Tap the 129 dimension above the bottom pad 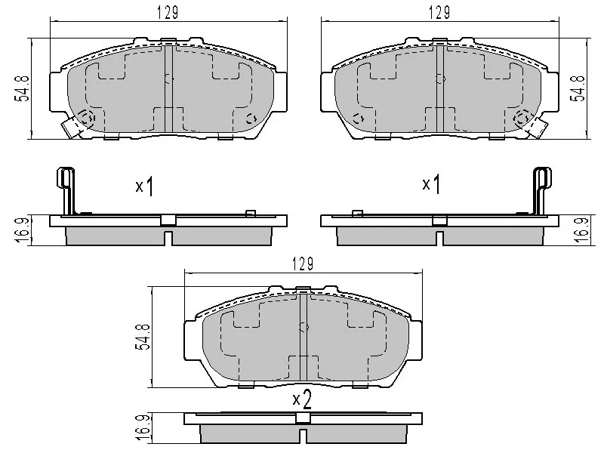[302, 263]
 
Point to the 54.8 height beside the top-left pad [24, 88]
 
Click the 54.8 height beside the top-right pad [581, 88]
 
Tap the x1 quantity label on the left [144, 186]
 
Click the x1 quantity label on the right [430, 184]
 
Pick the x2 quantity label [302, 399]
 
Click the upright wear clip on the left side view [66, 189]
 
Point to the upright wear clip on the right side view [541, 189]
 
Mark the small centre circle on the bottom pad [304, 327]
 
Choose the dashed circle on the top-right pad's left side [359, 117]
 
